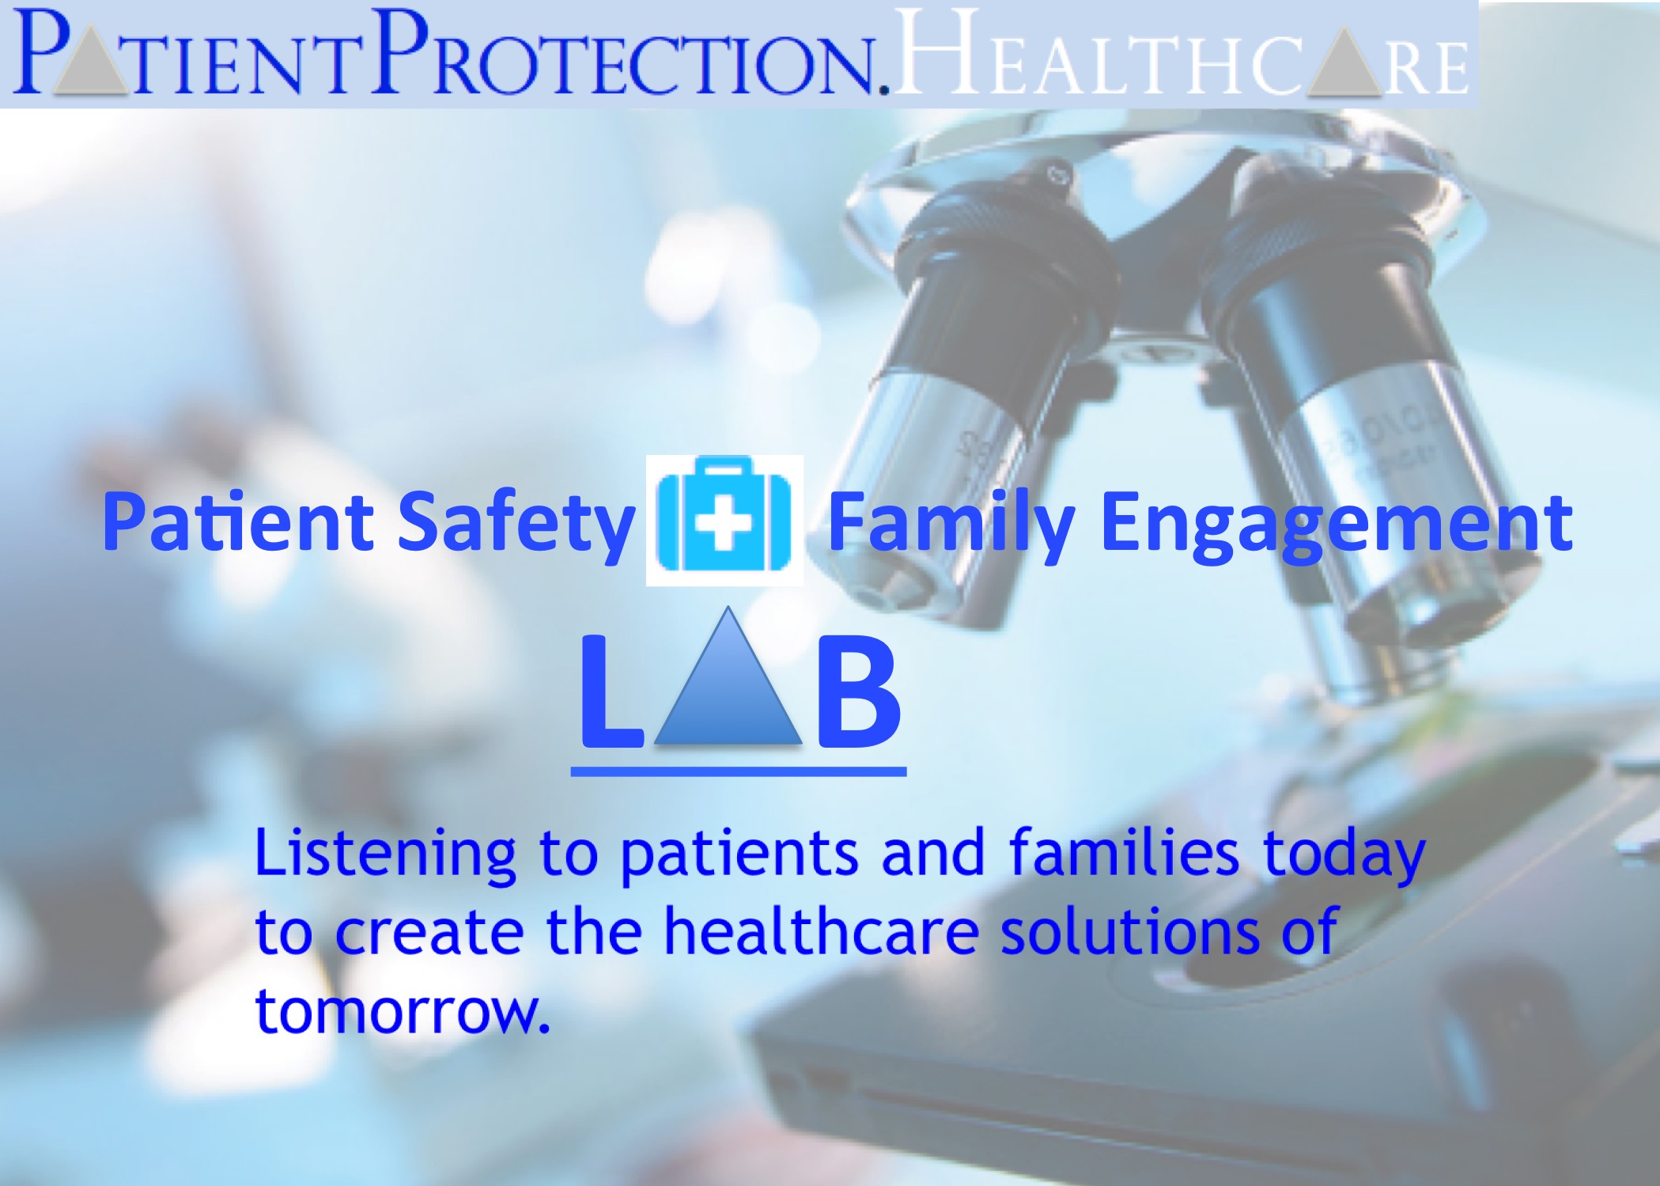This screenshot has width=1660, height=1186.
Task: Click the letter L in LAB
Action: [x=610, y=691]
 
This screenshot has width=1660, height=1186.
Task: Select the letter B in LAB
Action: [x=858, y=691]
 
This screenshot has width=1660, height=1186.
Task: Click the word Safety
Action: [x=516, y=523]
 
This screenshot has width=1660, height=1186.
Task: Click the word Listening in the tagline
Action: [x=385, y=854]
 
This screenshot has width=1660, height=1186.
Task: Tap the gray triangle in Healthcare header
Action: [x=1344, y=65]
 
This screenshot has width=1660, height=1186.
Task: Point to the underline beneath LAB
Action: [x=739, y=771]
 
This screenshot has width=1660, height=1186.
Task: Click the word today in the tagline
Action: [x=1344, y=854]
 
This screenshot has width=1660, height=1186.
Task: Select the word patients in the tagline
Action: [x=739, y=854]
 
